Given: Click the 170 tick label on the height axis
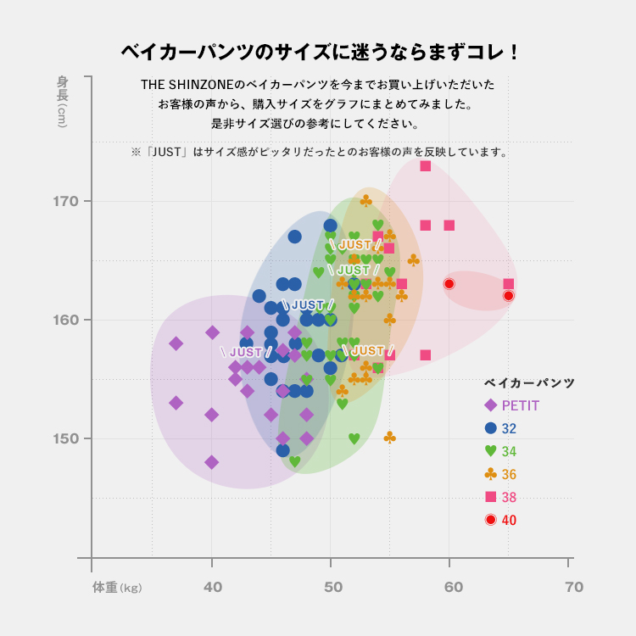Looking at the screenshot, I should [67, 202].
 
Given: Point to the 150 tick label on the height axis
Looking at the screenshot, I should [67, 439].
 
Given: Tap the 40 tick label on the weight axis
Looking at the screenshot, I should [212, 587].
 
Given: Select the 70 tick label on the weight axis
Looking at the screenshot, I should [574, 587].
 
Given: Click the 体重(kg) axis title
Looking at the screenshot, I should [117, 587].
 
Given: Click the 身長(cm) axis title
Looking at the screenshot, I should [63, 101].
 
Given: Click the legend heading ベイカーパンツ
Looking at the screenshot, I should [529, 383].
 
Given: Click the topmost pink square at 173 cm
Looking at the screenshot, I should [425, 166].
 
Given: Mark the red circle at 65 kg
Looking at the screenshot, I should [509, 296].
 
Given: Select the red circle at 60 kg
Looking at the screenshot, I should [449, 284].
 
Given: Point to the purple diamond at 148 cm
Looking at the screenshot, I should [212, 462].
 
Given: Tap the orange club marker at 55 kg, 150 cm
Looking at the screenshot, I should [389, 438].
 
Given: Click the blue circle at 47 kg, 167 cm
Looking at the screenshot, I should [294, 237].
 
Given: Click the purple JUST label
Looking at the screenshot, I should [246, 352].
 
